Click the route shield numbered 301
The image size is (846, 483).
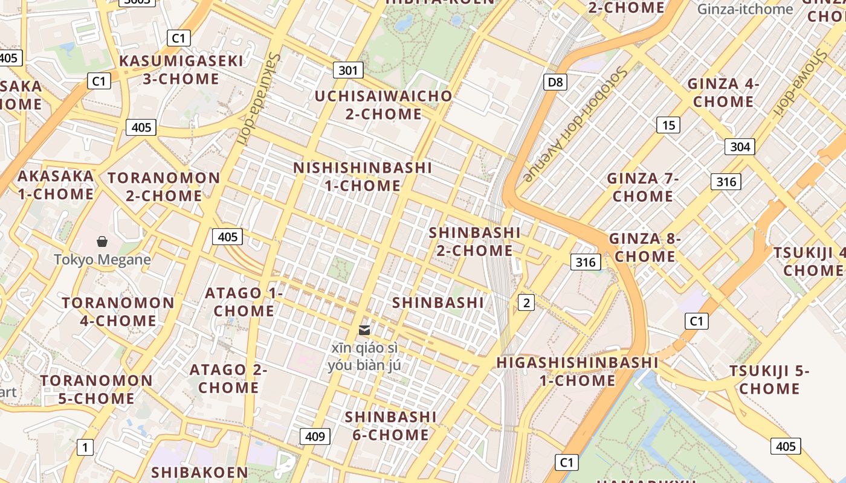pyautogui.click(x=348, y=71)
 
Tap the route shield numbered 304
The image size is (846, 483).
pyautogui.click(x=740, y=147)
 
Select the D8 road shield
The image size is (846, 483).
pyautogui.click(x=555, y=82)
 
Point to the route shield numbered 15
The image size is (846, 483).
pyautogui.click(x=668, y=125)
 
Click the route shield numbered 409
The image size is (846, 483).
pyautogui.click(x=315, y=437)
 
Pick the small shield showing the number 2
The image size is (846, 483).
pyautogui.click(x=526, y=303)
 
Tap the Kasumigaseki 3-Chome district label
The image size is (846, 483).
pyautogui.click(x=181, y=70)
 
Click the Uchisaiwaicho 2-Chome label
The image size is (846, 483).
pyautogui.click(x=383, y=105)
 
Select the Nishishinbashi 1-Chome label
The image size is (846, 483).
pyautogui.click(x=363, y=176)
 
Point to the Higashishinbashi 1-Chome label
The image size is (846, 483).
pyautogui.click(x=577, y=371)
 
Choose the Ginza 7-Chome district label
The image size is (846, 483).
pyautogui.click(x=643, y=187)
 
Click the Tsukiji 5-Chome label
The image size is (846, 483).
pyautogui.click(x=769, y=379)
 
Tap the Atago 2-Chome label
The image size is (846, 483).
pyautogui.click(x=228, y=378)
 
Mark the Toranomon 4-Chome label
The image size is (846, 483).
pyautogui.click(x=118, y=311)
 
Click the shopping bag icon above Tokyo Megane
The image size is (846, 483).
pyautogui.click(x=102, y=242)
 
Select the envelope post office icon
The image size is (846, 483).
pyautogui.click(x=364, y=330)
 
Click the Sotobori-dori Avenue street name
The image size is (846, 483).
pyautogui.click(x=575, y=124)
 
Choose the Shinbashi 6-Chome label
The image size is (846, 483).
pyautogui.click(x=390, y=426)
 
